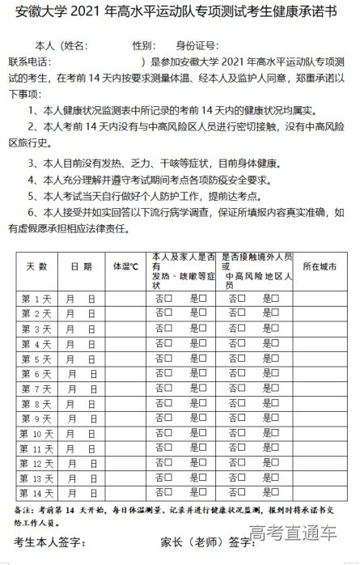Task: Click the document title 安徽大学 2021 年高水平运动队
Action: point(180,15)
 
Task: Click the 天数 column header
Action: point(36,266)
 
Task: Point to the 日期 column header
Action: point(81,266)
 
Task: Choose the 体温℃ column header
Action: point(125,266)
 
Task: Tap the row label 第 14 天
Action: point(36,493)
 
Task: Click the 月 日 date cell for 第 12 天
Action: point(81,464)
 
